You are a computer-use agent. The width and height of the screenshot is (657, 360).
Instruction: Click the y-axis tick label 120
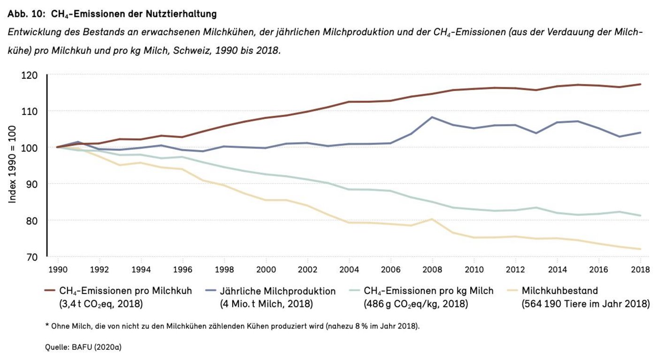point(30,75)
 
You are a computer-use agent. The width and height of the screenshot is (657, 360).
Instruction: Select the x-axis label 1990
point(58,269)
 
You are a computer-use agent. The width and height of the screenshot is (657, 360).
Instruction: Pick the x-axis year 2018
point(640,269)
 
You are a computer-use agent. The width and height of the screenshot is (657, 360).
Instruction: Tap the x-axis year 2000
point(266,269)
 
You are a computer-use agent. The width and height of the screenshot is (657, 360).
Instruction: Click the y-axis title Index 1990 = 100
point(13,164)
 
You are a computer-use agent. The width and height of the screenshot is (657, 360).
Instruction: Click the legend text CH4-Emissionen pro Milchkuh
point(125,291)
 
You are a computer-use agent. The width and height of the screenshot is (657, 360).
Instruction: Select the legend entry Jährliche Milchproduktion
point(278,291)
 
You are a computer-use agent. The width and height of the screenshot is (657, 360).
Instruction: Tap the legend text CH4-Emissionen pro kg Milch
point(428,291)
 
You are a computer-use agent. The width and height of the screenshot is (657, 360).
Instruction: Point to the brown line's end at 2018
point(640,84)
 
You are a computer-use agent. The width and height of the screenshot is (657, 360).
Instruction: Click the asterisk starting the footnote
point(47,325)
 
